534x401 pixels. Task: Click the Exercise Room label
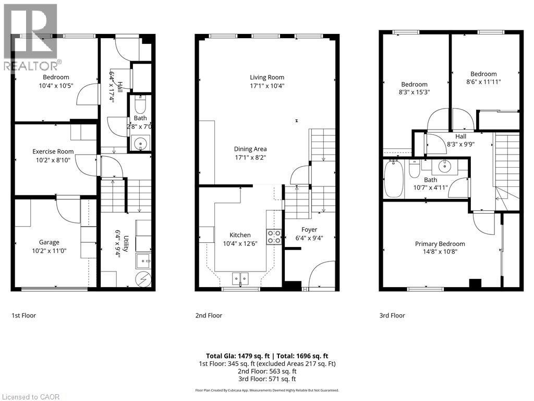click(53, 151)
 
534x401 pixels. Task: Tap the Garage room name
click(49, 242)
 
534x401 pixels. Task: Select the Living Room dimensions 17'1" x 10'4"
click(267, 86)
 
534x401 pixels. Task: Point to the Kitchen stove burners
click(274, 237)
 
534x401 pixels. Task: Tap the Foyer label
click(309, 229)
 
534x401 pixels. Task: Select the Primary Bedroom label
click(440, 244)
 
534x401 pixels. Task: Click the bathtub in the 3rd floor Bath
click(393, 179)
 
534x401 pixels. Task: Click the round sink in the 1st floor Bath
click(139, 143)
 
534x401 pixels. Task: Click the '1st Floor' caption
click(24, 315)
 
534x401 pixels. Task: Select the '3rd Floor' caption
click(392, 315)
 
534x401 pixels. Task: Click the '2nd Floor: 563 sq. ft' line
click(267, 371)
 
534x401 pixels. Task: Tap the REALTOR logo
click(30, 37)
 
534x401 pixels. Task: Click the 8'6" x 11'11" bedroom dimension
click(483, 82)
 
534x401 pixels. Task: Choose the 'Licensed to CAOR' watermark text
click(30, 397)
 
